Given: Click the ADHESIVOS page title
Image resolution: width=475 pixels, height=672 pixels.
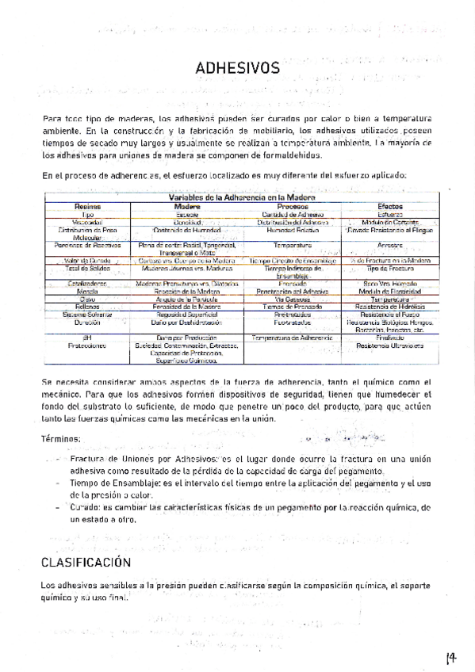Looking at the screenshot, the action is pos(237,69).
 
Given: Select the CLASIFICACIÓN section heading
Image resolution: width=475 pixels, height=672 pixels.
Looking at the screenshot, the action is pos(86,563).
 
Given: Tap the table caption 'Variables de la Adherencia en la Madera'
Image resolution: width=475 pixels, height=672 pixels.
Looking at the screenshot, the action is pos(241,197).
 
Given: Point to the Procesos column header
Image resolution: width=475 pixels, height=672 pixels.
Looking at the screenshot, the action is pos(293,206).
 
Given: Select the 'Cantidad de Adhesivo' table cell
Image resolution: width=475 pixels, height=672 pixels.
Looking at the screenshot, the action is pos(293,215).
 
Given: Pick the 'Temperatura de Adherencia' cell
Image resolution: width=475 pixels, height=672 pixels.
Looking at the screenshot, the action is pos(293,338).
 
